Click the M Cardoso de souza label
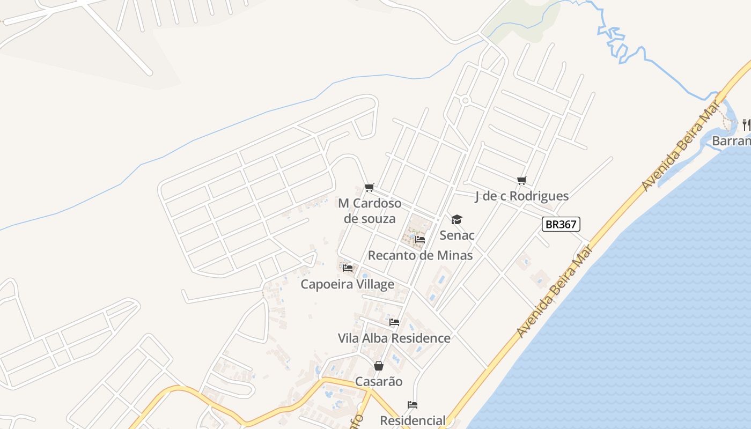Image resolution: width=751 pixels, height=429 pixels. [369, 211]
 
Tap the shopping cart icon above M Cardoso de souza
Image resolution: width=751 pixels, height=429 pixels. [369, 187]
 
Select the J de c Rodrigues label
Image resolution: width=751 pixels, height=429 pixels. [521, 196]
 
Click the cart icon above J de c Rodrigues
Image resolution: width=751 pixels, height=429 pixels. [521, 180]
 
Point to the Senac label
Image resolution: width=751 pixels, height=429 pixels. [457, 235]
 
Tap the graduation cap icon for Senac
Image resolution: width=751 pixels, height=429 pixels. [457, 219]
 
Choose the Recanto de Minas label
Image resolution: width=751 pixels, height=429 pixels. [420, 255]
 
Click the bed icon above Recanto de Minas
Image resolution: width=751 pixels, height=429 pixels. [420, 239]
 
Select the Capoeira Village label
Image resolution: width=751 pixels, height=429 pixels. [347, 284]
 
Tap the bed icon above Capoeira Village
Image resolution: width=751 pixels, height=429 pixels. [347, 268]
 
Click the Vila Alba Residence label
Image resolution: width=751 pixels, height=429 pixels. [394, 338]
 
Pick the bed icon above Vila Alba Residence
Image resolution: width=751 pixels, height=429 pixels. [394, 322]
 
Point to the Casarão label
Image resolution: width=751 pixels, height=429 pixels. [379, 382]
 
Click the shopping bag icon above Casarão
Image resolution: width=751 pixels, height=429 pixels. [379, 366]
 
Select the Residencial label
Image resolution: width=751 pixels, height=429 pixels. [413, 420]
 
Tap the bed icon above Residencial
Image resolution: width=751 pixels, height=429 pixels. [412, 404]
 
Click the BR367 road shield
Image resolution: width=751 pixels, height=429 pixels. [561, 224]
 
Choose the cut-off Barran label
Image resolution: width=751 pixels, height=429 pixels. [731, 141]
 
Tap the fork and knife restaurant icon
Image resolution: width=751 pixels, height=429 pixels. [746, 124]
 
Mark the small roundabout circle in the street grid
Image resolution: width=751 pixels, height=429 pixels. [465, 100]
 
